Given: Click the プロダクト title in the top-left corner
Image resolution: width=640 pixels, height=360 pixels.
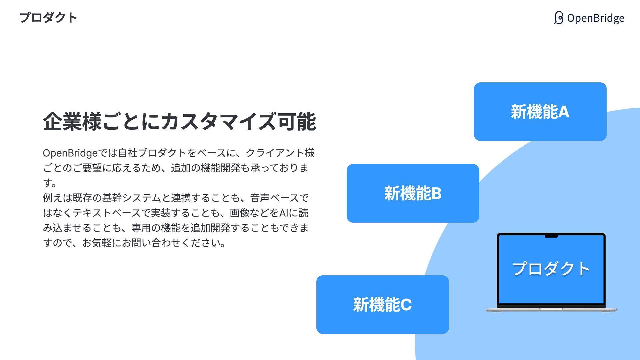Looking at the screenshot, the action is pyautogui.click(x=48, y=18).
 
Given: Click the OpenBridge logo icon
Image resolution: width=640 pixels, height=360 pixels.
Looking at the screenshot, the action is pyautogui.click(x=559, y=18).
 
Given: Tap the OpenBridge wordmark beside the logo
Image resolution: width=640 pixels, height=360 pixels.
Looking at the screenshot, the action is pyautogui.click(x=596, y=18).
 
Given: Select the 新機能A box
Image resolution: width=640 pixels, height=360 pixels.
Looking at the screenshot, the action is pyautogui.click(x=540, y=112).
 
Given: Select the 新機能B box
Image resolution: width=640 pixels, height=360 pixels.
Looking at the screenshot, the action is pyautogui.click(x=413, y=193).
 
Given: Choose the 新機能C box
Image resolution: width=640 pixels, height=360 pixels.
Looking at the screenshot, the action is pyautogui.click(x=382, y=305).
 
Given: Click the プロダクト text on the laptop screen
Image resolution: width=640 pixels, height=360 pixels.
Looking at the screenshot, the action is pyautogui.click(x=551, y=269).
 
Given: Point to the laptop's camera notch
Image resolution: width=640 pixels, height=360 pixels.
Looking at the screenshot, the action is pyautogui.click(x=551, y=236).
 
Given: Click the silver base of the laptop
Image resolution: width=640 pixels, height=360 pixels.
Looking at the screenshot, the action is pyautogui.click(x=551, y=310).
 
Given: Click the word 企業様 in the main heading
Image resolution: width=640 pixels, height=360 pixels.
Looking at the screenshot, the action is pyautogui.click(x=72, y=122).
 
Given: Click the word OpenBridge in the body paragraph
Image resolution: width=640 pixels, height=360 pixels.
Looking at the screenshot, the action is pyautogui.click(x=70, y=153).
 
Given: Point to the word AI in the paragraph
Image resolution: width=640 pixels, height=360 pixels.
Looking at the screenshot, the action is pyautogui.click(x=284, y=213).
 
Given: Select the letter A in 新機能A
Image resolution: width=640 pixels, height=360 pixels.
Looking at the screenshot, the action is pyautogui.click(x=563, y=112).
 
